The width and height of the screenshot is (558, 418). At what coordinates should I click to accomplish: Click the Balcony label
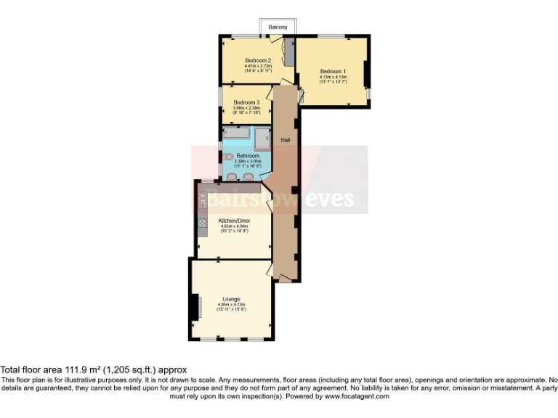pos(278,27)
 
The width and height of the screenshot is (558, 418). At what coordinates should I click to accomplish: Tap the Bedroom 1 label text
pos(333,70)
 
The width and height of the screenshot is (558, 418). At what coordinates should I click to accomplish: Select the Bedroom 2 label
pos(258,60)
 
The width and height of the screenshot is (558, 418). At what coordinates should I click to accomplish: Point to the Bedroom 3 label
pos(246,103)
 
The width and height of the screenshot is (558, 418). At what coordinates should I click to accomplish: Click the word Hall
pos(286,139)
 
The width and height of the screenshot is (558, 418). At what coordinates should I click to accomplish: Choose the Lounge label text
pos(231,298)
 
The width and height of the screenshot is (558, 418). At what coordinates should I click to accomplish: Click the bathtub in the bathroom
pos(238,133)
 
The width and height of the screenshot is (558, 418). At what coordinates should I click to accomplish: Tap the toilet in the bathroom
pos(228,157)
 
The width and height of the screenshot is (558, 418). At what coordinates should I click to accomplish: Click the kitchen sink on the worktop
pos(202,197)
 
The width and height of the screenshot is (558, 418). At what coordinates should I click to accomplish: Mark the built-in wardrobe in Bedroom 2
pos(288,53)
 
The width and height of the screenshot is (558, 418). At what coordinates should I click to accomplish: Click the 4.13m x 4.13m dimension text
pos(333,76)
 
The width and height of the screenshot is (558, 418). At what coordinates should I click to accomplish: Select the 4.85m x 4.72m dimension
pos(231,304)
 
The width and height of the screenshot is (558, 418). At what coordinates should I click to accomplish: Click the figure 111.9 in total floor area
pos(55,369)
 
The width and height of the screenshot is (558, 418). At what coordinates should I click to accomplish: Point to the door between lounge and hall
pos(270,270)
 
